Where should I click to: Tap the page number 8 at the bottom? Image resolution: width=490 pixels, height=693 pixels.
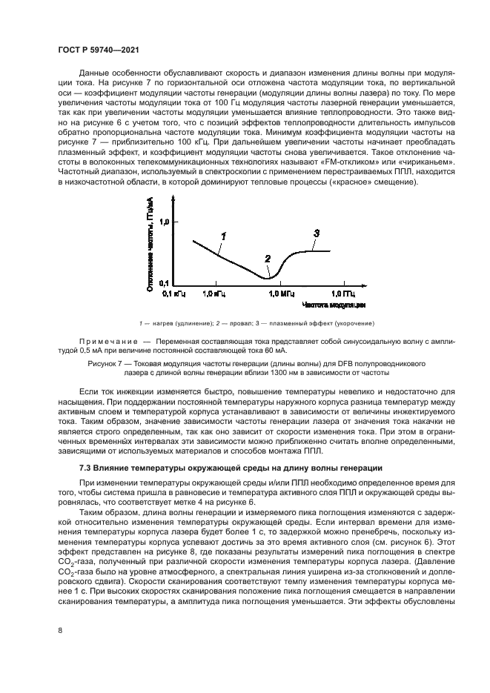pyautogui.click(x=59, y=630)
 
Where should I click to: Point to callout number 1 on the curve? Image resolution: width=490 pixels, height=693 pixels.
pyautogui.click(x=222, y=235)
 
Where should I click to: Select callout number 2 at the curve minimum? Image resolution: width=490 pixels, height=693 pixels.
pyautogui.click(x=268, y=258)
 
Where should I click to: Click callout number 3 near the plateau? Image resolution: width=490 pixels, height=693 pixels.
pyautogui.click(x=316, y=233)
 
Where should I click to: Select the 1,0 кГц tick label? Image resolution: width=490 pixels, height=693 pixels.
pyautogui.click(x=213, y=294)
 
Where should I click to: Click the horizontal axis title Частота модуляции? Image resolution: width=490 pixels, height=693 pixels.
pyautogui.click(x=334, y=305)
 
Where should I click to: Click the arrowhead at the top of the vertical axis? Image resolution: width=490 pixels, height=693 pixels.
pyautogui.click(x=173, y=198)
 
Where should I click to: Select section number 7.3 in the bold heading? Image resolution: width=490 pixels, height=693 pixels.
pyautogui.click(x=87, y=468)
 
